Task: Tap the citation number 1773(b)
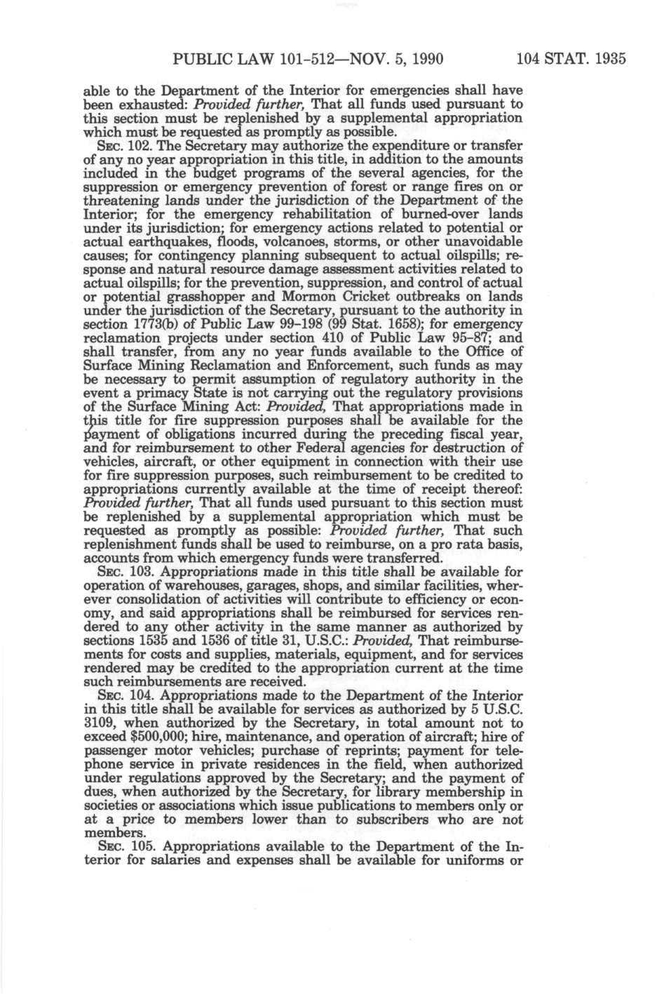(x=156, y=324)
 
